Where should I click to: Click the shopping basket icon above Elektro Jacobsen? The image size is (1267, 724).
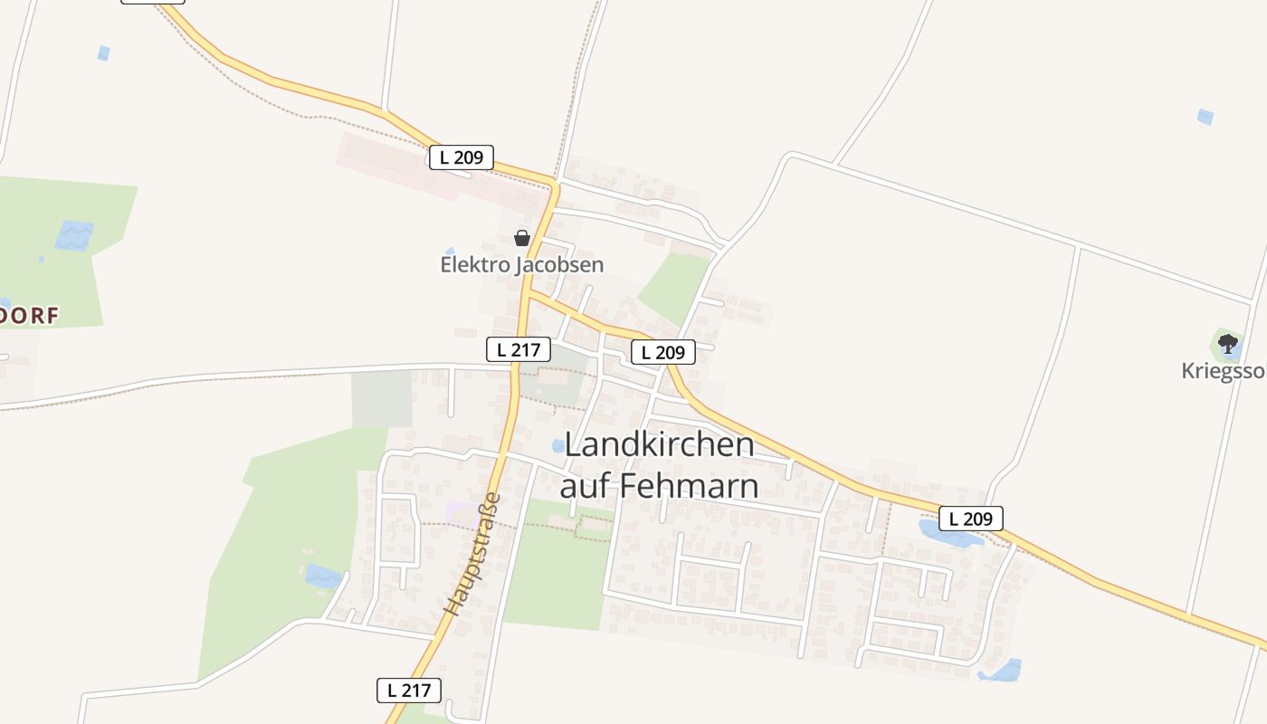pyautogui.click(x=521, y=239)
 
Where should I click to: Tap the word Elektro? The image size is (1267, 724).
pyautogui.click(x=474, y=265)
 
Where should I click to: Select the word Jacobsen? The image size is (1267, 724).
pyautogui.click(x=559, y=265)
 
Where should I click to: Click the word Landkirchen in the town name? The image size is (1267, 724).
pyautogui.click(x=660, y=445)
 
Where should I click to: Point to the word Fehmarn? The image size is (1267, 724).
pyautogui.click(x=689, y=486)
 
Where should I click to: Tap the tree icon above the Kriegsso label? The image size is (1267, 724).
pyautogui.click(x=1227, y=344)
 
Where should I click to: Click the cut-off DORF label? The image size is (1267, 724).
pyautogui.click(x=29, y=316)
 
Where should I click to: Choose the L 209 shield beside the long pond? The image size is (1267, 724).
pyautogui.click(x=971, y=519)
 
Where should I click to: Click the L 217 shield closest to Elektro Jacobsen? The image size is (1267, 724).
pyautogui.click(x=519, y=349)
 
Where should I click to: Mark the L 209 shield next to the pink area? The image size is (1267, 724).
pyautogui.click(x=462, y=157)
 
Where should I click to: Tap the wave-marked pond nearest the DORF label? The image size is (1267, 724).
pyautogui.click(x=74, y=235)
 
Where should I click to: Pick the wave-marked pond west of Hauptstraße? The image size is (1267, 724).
pyautogui.click(x=322, y=576)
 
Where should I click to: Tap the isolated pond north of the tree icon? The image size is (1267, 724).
pyautogui.click(x=1205, y=117)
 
